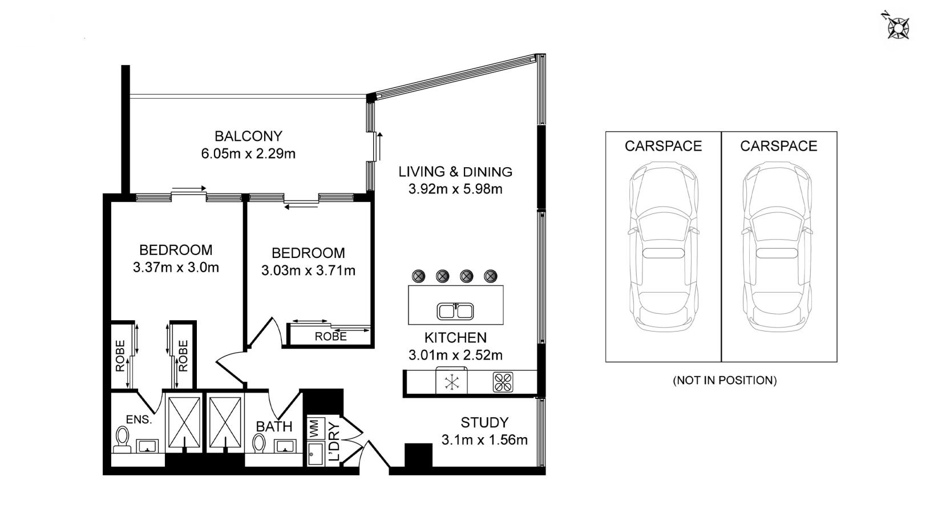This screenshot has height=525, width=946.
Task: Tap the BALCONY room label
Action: [248, 136]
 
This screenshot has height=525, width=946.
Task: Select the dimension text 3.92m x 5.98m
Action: [455, 189]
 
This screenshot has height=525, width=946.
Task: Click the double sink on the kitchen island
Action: [455, 311]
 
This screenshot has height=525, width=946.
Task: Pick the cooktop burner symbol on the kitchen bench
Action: [503, 382]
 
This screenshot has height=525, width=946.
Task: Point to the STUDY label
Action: [484, 422]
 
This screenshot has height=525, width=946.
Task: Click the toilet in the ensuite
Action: [122, 438]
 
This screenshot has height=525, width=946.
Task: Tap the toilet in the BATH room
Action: [259, 443]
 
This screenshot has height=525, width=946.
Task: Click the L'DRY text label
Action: [334, 442]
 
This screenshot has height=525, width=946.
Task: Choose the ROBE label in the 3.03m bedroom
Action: [330, 337]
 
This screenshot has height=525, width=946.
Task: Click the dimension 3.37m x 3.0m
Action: [176, 267]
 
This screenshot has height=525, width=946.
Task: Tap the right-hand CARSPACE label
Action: [778, 146]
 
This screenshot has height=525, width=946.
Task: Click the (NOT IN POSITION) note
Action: [725, 380]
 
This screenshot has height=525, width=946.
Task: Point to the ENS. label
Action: [139, 419]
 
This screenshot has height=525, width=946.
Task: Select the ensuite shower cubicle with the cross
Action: [183, 422]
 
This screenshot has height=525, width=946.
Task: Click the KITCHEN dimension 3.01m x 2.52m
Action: [455, 355]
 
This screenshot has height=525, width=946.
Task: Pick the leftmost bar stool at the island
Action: [418, 276]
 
